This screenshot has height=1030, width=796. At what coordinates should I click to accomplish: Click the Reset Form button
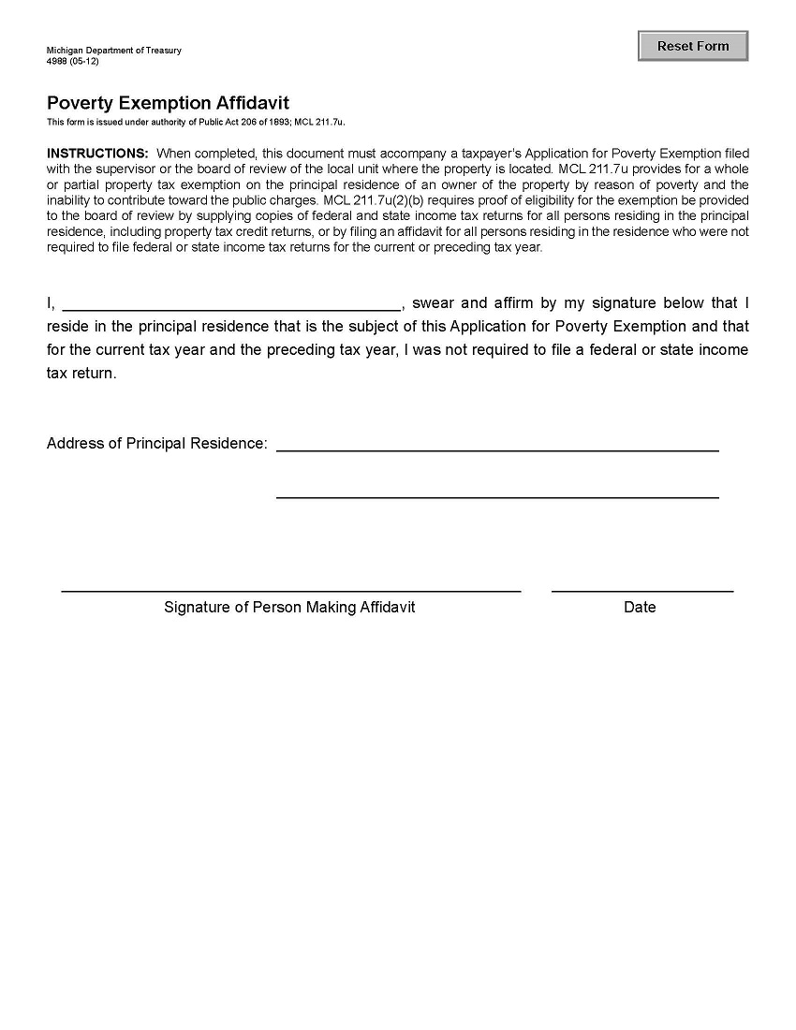693,46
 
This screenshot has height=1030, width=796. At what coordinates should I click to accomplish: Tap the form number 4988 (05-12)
72,61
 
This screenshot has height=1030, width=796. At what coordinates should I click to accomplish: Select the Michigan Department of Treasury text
113,51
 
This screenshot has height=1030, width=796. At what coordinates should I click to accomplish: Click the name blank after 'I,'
231,302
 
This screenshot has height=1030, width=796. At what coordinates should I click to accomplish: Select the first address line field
497,442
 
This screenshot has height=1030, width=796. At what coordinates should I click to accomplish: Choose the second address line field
497,489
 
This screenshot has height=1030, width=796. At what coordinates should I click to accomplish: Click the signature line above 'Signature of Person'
290,583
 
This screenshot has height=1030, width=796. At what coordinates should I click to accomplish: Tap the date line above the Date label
642,583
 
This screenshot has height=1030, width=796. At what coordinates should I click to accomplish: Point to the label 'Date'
640,607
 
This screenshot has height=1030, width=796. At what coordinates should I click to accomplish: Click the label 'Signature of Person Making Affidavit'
289,607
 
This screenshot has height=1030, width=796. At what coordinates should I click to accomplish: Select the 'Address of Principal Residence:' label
157,443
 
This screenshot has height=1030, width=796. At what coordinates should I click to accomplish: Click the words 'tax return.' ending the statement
81,373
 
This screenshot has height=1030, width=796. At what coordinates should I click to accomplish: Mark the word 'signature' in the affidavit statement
624,302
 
